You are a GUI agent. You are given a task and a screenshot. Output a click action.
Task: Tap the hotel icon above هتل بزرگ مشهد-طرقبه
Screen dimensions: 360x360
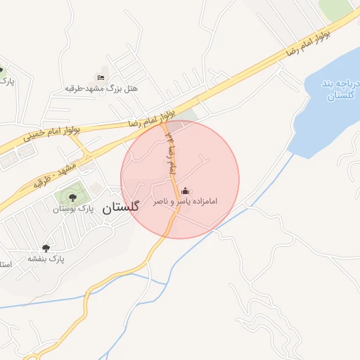101,77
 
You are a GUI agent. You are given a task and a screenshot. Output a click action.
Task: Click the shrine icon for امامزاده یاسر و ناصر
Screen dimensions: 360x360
186,191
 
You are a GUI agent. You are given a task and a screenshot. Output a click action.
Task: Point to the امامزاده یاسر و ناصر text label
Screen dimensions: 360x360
186,202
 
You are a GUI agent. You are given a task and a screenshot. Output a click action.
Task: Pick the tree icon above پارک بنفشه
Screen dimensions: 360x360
46,247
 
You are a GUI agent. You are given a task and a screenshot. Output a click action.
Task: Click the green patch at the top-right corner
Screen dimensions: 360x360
338,7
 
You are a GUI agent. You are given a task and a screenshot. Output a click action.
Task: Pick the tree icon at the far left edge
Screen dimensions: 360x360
1,70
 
